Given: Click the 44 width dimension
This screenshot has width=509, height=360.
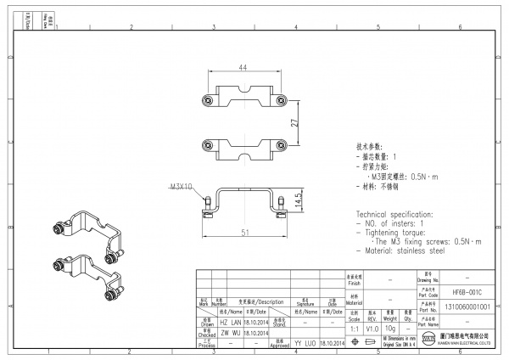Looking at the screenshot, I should tap(243, 67).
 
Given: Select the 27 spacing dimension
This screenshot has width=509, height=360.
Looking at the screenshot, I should tap(294, 122).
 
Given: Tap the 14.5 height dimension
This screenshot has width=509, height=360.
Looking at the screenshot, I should tap(298, 200).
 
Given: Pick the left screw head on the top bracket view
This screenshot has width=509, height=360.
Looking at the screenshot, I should tap(209, 101).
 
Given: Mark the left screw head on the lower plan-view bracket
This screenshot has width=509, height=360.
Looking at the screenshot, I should tap(209, 144).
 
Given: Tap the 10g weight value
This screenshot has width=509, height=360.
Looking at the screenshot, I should tap(391, 328).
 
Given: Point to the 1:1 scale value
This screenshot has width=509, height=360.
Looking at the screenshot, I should tap(353, 328).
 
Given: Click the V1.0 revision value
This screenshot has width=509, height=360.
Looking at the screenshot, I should tap(372, 328).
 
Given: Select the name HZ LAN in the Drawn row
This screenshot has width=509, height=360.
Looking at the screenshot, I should tap(231, 323).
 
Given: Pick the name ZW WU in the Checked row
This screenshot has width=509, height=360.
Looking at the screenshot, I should tap(231, 335).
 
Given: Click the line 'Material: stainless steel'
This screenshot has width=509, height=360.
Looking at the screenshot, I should tap(402, 251).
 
